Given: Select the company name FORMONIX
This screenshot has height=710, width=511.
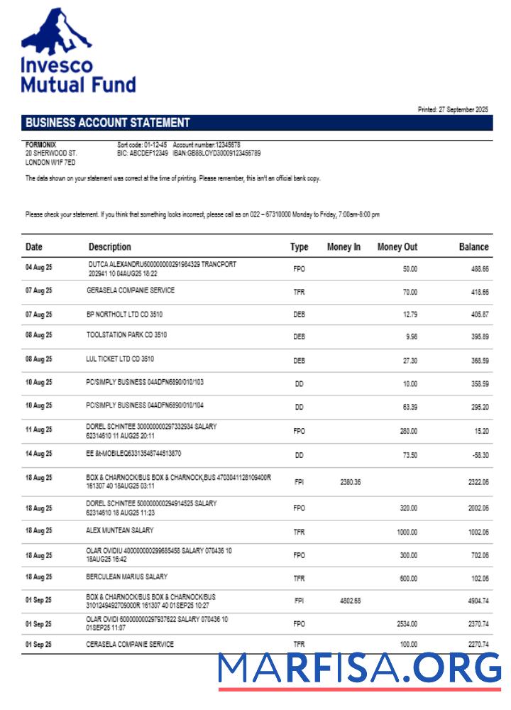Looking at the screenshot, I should click(x=41, y=145).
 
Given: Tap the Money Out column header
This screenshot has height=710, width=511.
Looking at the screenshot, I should click(x=397, y=247).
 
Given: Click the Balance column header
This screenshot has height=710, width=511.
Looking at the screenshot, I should click(x=473, y=247).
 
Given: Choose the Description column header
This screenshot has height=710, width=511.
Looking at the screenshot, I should click(x=109, y=247).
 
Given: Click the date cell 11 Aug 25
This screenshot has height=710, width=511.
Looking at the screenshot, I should click(x=39, y=430).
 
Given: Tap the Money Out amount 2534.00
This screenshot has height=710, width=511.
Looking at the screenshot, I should click(x=405, y=624).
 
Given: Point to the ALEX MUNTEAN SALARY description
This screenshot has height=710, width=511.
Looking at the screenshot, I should click(x=119, y=530).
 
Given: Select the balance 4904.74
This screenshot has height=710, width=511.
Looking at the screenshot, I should click(x=476, y=601).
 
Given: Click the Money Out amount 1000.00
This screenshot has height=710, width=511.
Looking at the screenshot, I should click(x=406, y=531).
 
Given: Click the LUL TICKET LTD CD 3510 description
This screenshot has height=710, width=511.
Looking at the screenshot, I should click(x=120, y=359).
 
